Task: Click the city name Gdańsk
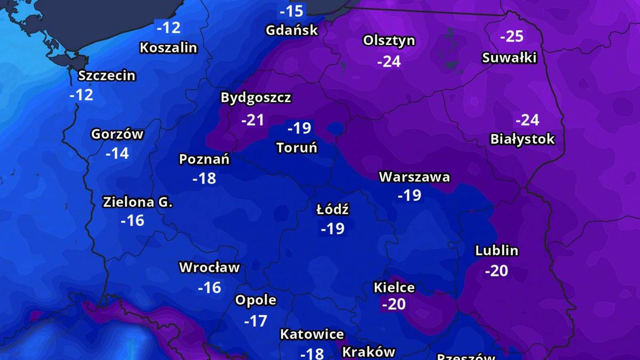[292, 30]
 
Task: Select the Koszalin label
[168, 47]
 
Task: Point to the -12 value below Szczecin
[81, 95]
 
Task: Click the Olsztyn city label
[389, 41]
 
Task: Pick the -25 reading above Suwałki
[511, 36]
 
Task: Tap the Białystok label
[523, 139]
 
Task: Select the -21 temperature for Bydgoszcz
[252, 120]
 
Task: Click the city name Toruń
[297, 147]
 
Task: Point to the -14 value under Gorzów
[117, 154]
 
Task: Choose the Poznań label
[204, 159]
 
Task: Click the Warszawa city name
[414, 177]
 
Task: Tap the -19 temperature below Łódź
[332, 229]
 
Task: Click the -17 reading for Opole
[255, 321]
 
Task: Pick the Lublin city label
[497, 251]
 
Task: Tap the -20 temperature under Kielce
[394, 304]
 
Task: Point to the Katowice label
[312, 334]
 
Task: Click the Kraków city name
[368, 351]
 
